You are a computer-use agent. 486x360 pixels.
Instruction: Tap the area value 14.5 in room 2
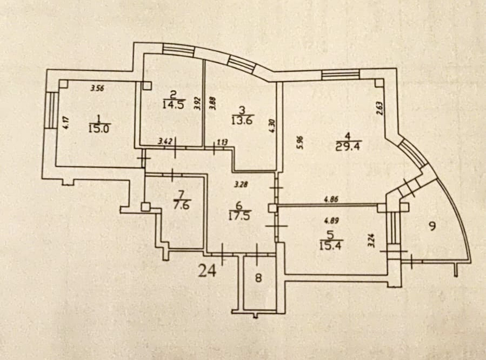[x=173, y=104]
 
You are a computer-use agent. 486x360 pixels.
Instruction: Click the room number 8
[x=258, y=278]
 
